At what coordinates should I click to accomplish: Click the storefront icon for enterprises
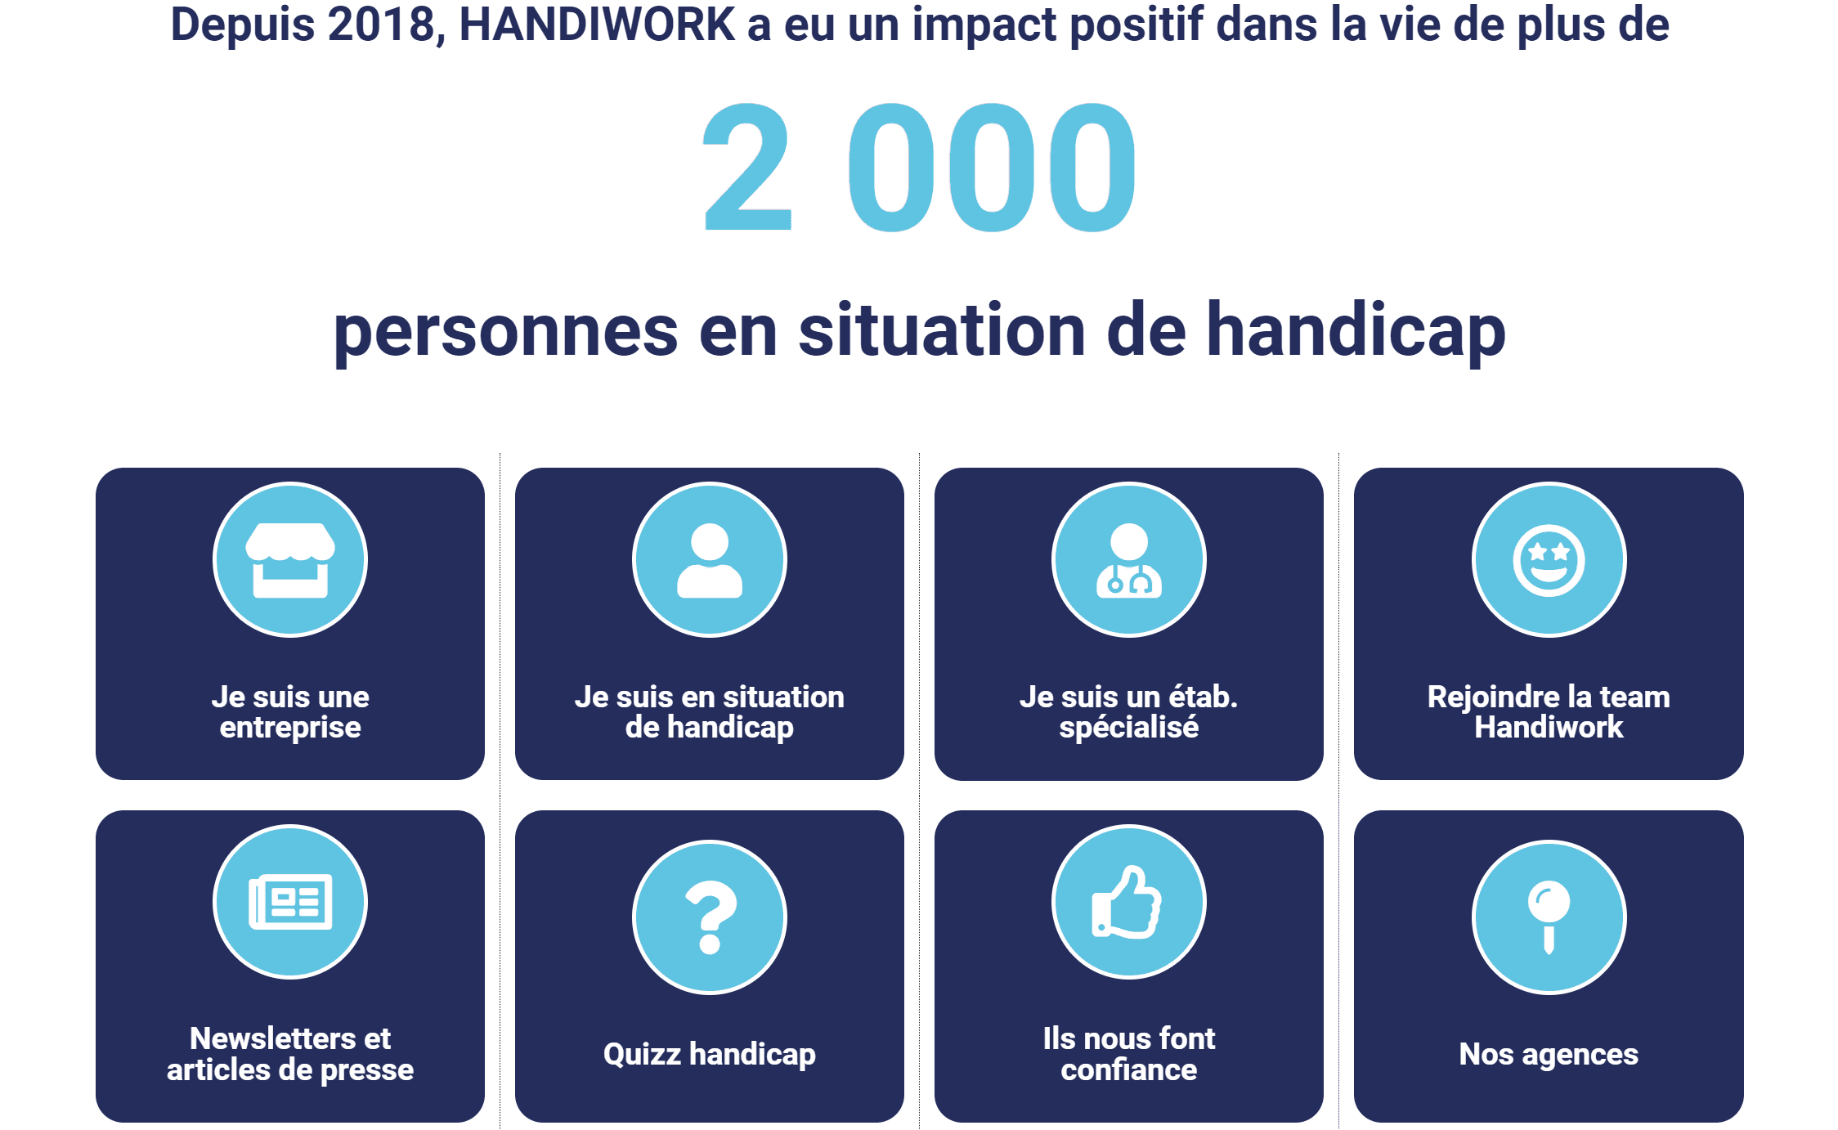click(290, 560)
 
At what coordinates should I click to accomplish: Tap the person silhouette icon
click(710, 560)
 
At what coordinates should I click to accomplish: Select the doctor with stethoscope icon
click(1129, 560)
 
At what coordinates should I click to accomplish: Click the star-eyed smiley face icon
click(1549, 560)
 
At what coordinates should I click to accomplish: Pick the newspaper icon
click(290, 902)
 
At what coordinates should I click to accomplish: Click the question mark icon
click(711, 917)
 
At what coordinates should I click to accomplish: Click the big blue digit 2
click(747, 167)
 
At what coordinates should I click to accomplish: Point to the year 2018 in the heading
click(381, 25)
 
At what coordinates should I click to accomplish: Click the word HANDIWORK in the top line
click(597, 25)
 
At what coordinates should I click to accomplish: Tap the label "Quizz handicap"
click(710, 1054)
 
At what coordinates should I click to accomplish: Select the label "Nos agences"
click(1549, 1054)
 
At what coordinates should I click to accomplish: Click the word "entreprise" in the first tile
click(290, 727)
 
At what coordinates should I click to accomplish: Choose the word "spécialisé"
click(1129, 727)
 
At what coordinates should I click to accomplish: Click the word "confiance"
click(1129, 1069)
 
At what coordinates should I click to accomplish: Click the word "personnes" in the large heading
click(506, 334)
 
